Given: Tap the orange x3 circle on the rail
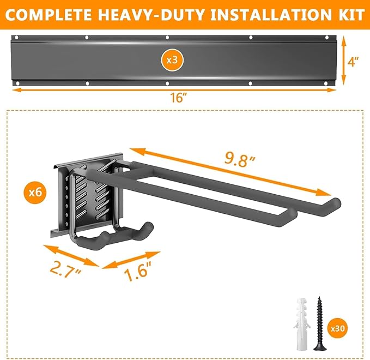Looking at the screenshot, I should click(x=172, y=59).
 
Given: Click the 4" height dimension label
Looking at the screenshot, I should click(x=354, y=63).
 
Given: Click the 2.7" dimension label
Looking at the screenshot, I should click(x=64, y=269).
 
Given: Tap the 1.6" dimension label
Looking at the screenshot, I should click(x=138, y=271).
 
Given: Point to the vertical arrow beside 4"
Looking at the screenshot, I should click(x=343, y=63).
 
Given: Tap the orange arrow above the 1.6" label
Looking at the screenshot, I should click(x=131, y=260).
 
